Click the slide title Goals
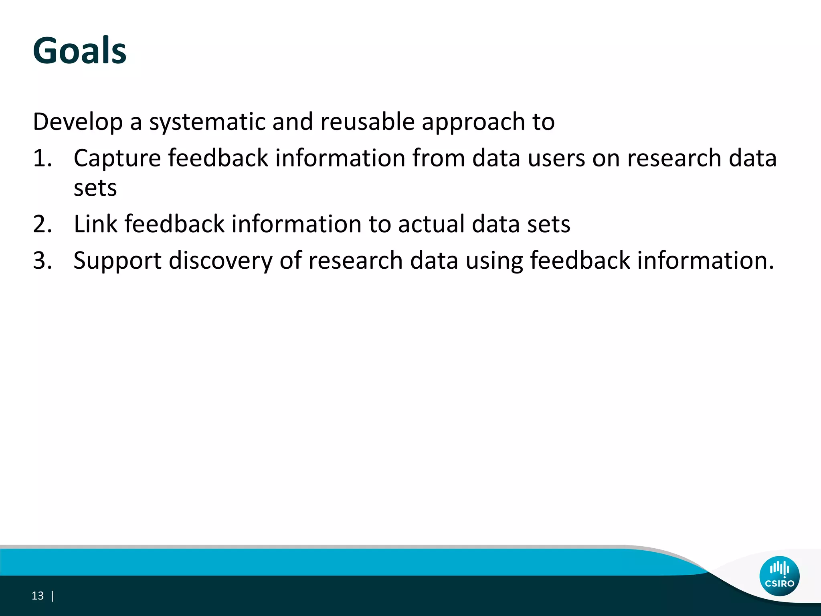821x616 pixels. (79, 51)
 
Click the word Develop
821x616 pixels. (78, 122)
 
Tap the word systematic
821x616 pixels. (207, 122)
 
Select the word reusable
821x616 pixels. (367, 122)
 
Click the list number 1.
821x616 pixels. (42, 158)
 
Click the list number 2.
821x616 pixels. (42, 224)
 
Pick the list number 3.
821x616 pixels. (42, 261)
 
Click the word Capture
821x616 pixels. (117, 158)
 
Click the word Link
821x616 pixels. (95, 224)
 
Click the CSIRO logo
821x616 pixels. (779, 576)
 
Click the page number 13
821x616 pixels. (37, 596)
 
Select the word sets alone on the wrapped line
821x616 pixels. (95, 188)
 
